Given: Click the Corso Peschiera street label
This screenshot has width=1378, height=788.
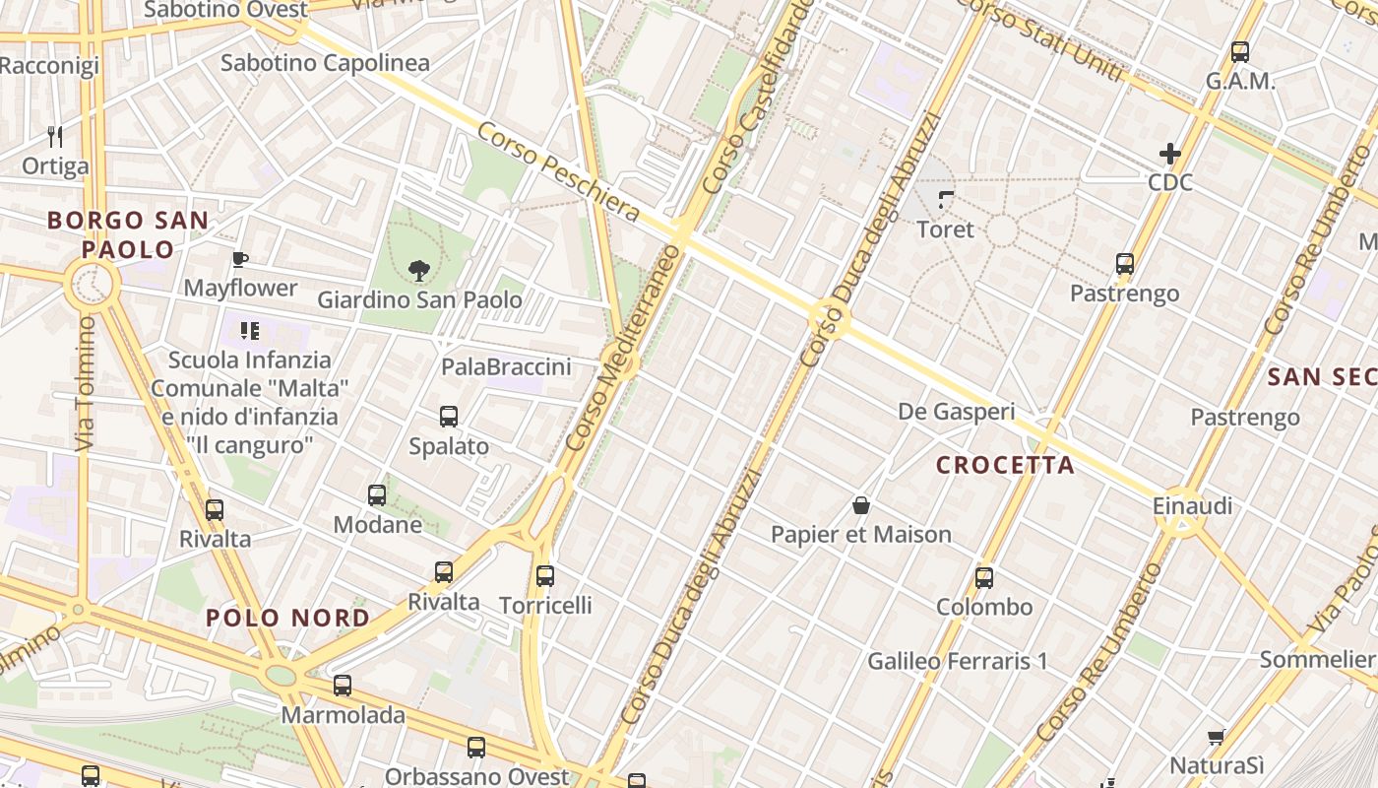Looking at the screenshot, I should [x=558, y=172].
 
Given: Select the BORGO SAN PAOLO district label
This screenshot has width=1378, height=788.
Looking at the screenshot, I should [x=128, y=234].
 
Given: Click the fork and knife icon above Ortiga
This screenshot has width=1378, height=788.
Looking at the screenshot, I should [x=55, y=137].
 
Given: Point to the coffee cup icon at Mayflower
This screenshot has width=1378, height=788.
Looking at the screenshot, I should [x=239, y=260].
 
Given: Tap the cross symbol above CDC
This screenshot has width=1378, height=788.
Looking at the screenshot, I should [x=1170, y=154].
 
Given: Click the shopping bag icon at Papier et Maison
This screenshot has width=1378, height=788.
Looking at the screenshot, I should [x=861, y=506].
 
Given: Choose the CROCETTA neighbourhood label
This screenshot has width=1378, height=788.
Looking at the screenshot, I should [x=1005, y=465].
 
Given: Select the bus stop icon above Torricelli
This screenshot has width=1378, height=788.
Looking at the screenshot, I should [x=545, y=576].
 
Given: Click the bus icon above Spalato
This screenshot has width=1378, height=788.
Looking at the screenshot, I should [x=449, y=417].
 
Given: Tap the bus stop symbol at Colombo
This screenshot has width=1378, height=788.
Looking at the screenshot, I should [x=984, y=578].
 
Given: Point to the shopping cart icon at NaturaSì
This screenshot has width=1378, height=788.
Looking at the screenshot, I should [x=1217, y=737].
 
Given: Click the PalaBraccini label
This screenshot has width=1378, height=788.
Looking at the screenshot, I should [x=506, y=367].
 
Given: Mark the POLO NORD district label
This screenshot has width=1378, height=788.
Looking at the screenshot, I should [x=287, y=619].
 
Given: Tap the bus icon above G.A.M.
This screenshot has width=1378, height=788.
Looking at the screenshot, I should [x=1240, y=52].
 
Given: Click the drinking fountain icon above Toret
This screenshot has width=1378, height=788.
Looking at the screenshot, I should [x=946, y=201].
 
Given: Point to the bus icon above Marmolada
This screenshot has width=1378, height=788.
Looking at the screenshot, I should [x=343, y=686].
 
